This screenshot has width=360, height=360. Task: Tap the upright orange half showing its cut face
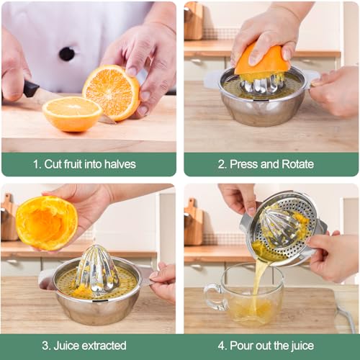pos(112,91)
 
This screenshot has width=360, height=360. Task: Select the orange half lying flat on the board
pos(71,114)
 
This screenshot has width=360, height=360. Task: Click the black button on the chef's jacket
pos(67,54)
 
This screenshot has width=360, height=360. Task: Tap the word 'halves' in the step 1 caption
pos(120,164)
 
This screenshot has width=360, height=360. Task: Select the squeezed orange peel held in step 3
pos(46,223)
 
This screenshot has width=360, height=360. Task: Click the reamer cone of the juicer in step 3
pos(96,269)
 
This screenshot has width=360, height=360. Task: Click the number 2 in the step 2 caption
pos(222,164)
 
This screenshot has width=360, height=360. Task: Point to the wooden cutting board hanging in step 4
pos(193,222)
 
